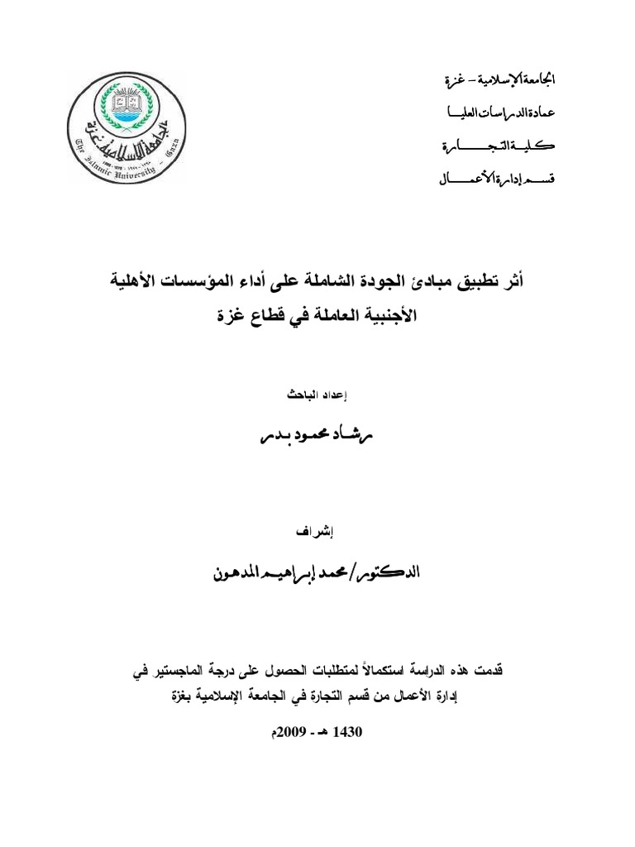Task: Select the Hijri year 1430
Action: point(347,733)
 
